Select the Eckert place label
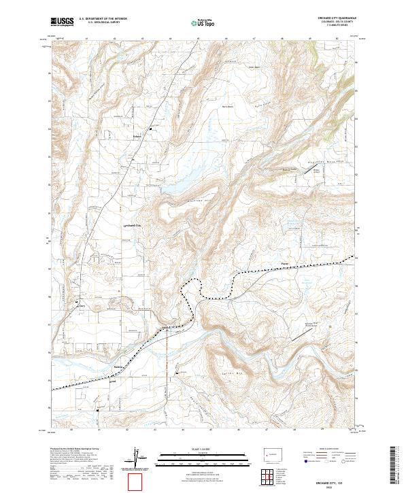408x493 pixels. [x=155, y=135]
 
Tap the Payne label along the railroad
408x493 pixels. [x=285, y=263]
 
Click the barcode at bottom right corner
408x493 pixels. [x=397, y=469]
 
